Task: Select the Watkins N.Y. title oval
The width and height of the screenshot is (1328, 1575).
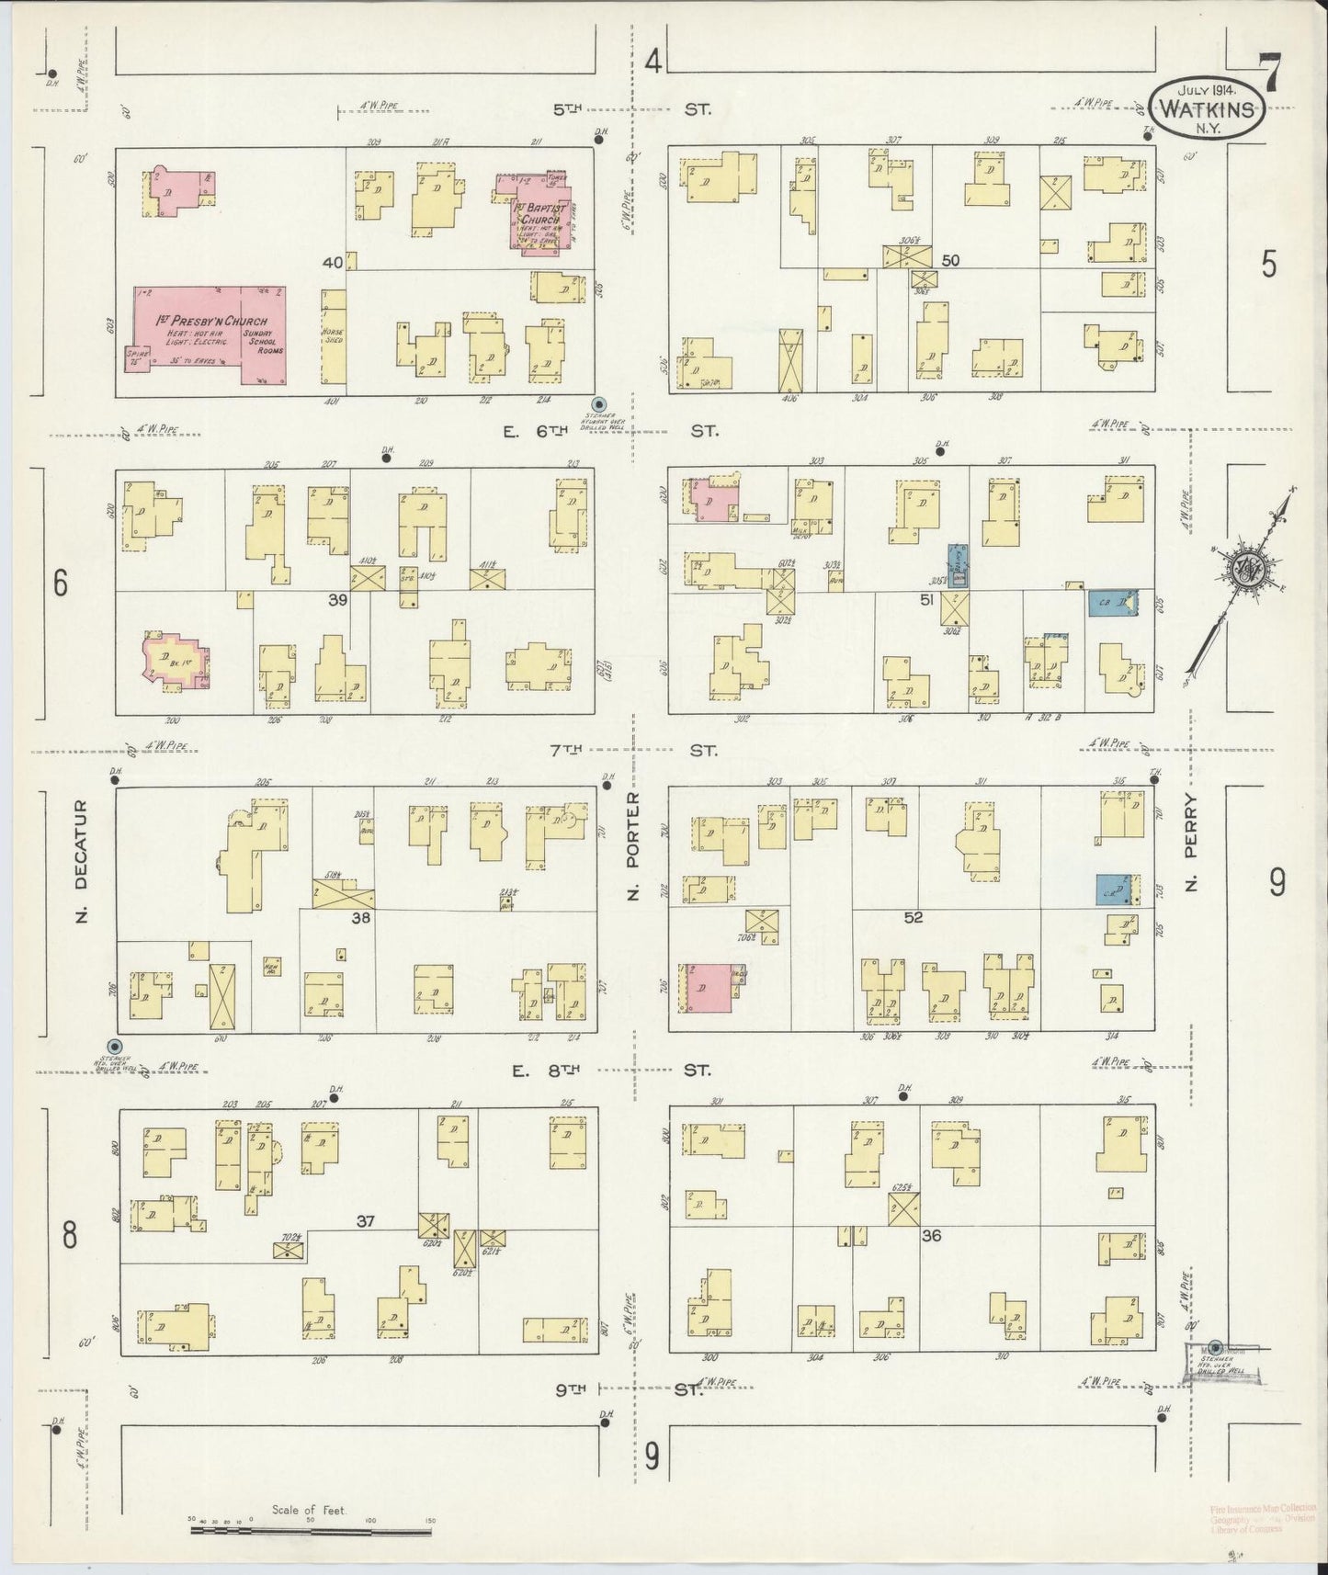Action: pyautogui.click(x=1206, y=107)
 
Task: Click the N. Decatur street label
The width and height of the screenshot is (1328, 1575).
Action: pyautogui.click(x=80, y=862)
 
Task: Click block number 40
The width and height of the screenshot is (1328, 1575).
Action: pyautogui.click(x=332, y=263)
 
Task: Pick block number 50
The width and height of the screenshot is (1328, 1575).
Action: pyautogui.click(x=950, y=260)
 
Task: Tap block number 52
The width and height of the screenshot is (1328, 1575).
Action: pyautogui.click(x=913, y=916)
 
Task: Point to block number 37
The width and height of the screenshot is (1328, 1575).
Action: pyautogui.click(x=366, y=1221)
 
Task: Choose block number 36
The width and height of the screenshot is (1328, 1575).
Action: pyautogui.click(x=931, y=1236)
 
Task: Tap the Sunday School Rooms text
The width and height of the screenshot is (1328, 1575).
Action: pyautogui.click(x=264, y=337)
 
